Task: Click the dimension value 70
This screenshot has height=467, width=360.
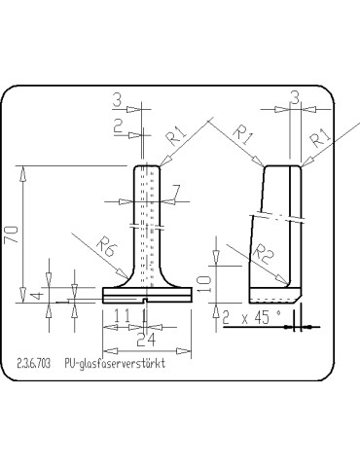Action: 12,235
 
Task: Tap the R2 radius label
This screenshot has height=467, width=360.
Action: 260,255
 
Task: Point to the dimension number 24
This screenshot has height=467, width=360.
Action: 145,340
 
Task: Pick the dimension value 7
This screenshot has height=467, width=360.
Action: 176,190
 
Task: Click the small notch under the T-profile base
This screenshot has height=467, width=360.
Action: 144,303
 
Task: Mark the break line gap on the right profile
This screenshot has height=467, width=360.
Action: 272,213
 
